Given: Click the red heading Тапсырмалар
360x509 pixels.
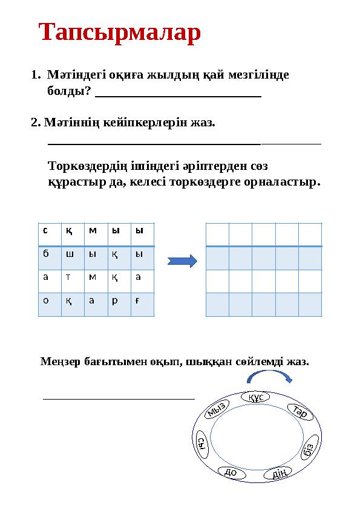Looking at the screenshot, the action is click(119, 33).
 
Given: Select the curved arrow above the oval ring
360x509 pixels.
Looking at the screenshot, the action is click(269, 377).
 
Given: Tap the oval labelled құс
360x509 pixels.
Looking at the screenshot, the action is click(258, 397).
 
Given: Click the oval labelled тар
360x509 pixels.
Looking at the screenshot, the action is click(300, 413).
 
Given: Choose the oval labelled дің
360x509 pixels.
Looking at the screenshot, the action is click(280, 473).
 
